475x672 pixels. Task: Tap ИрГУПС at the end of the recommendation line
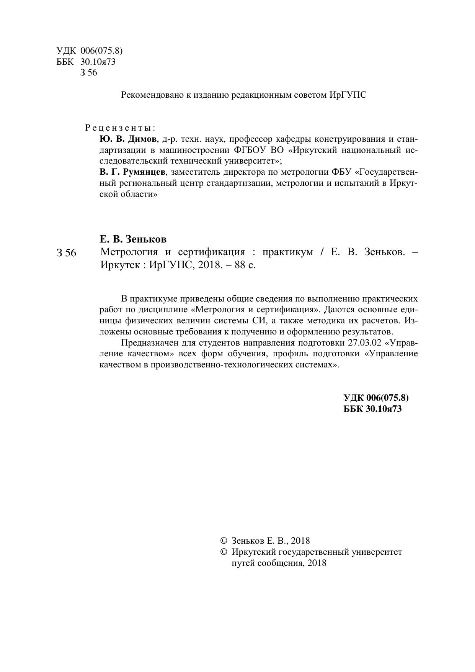pyautogui.click(x=348, y=95)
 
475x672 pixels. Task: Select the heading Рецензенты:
pyautogui.click(x=121, y=127)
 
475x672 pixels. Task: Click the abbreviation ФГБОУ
pyautogui.click(x=250, y=149)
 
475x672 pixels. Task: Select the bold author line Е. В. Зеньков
pyautogui.click(x=133, y=239)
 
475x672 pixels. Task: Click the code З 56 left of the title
pyautogui.click(x=66, y=253)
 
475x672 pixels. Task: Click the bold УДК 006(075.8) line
pyautogui.click(x=376, y=398)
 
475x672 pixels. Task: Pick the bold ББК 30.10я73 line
pyautogui.click(x=372, y=409)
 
